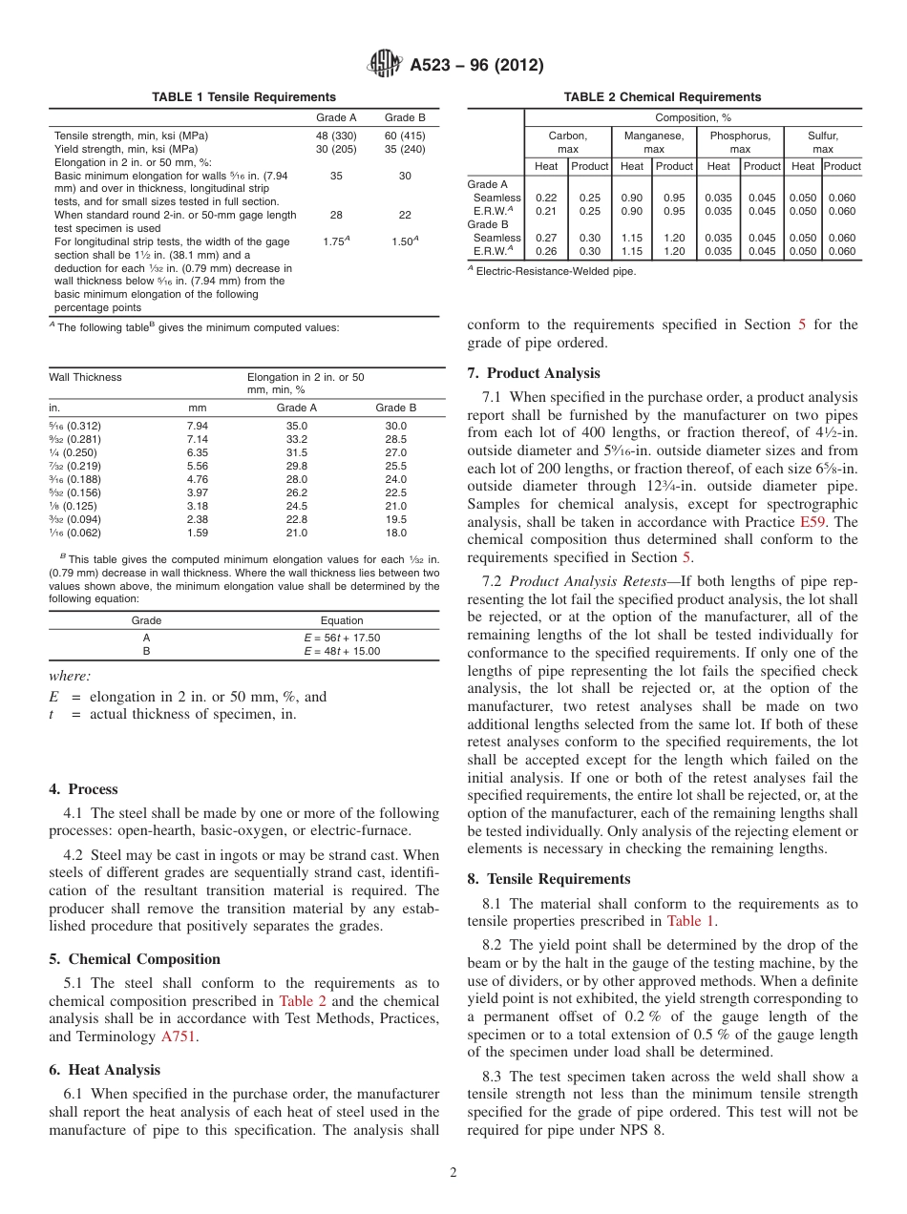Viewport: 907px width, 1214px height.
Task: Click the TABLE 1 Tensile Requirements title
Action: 243,97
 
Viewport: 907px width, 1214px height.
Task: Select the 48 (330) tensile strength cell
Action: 336,136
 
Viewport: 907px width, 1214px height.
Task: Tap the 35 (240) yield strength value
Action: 405,149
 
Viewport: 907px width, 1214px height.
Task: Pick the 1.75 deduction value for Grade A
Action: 334,242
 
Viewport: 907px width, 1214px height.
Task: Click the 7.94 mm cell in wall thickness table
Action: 198,426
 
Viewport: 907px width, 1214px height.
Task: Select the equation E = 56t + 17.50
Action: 341,638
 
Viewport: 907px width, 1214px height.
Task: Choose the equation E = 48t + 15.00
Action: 341,651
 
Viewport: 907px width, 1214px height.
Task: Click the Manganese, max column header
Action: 654,143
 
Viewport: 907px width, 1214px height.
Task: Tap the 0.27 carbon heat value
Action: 546,238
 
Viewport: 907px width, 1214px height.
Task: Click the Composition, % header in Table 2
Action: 692,117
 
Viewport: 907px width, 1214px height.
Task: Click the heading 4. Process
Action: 83,789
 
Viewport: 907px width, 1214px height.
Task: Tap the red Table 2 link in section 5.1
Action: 302,1001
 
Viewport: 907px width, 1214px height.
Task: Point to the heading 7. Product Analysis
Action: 534,373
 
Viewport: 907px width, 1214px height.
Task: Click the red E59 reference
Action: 814,522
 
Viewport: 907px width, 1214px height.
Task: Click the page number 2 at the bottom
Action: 453,1173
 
